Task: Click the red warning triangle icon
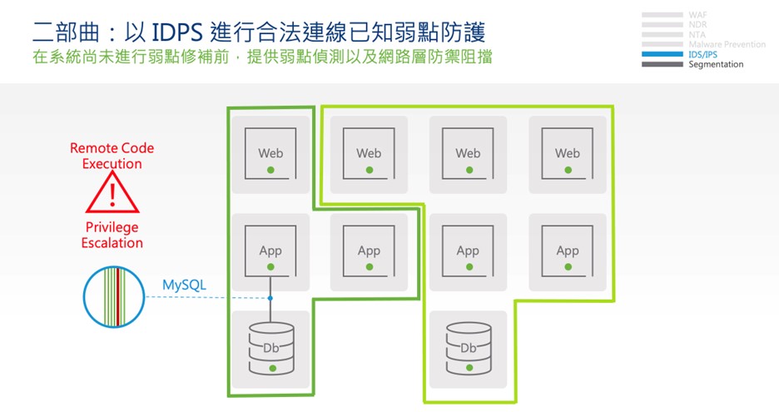[x=112, y=195]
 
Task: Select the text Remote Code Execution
[x=112, y=156]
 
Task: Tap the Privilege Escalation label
[x=112, y=235]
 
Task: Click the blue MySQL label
[x=184, y=285]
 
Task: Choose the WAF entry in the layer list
[x=697, y=15]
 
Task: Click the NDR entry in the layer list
[x=697, y=25]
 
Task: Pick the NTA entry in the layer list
[x=697, y=35]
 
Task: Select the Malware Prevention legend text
[x=727, y=44]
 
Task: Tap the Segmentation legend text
[x=716, y=64]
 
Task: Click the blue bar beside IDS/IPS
[x=662, y=54]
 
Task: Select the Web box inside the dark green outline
[x=270, y=154]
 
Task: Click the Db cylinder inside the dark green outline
[x=270, y=348]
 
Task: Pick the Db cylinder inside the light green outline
[x=469, y=348]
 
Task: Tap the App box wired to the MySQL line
[x=270, y=251]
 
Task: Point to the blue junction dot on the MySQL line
[x=270, y=298]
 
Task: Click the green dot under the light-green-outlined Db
[x=469, y=367]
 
